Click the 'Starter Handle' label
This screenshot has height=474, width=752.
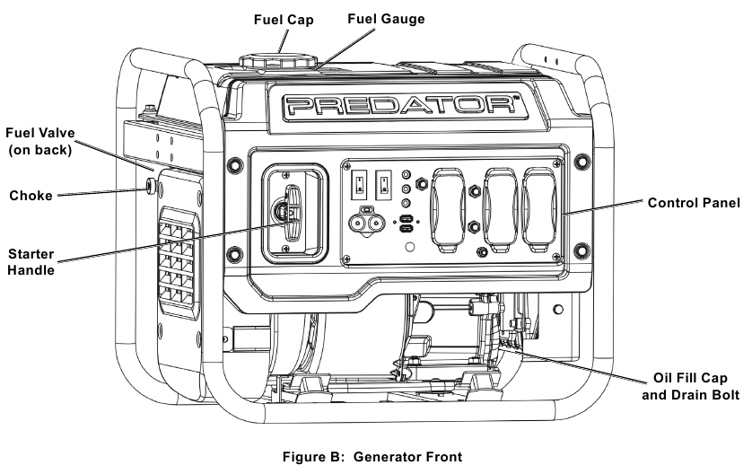click(x=33, y=260)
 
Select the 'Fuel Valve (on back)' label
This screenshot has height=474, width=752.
click(x=40, y=142)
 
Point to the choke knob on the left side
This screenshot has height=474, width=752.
click(x=149, y=186)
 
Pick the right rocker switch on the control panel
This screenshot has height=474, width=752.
click(x=384, y=183)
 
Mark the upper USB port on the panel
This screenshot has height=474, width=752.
click(x=407, y=219)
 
